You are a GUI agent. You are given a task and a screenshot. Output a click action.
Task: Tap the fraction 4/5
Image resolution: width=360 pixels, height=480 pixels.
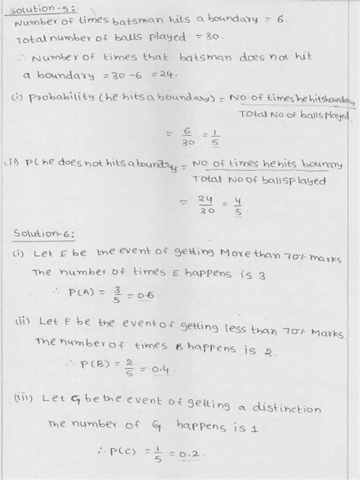tap(217, 204)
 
